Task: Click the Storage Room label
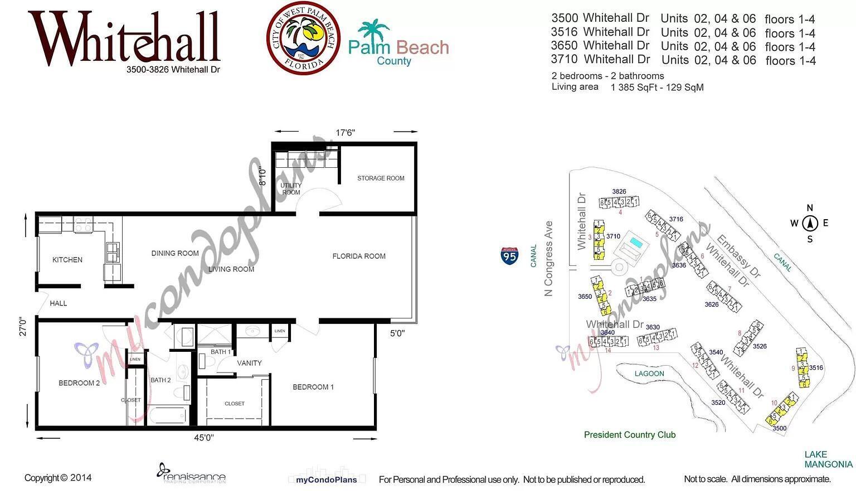click(381, 178)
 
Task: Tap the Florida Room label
click(359, 256)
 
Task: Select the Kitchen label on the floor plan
click(67, 260)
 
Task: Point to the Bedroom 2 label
click(79, 383)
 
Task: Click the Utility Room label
click(291, 189)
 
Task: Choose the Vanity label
click(249, 363)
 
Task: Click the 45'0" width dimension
click(204, 438)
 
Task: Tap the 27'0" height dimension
click(22, 327)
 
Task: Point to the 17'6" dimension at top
click(345, 133)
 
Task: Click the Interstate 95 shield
click(509, 255)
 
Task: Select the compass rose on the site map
click(810, 224)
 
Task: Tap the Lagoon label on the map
click(649, 374)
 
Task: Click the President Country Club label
click(630, 435)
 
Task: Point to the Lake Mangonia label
click(828, 459)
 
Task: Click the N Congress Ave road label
click(549, 259)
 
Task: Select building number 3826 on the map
click(619, 192)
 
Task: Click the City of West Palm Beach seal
click(303, 38)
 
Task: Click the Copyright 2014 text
click(58, 478)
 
